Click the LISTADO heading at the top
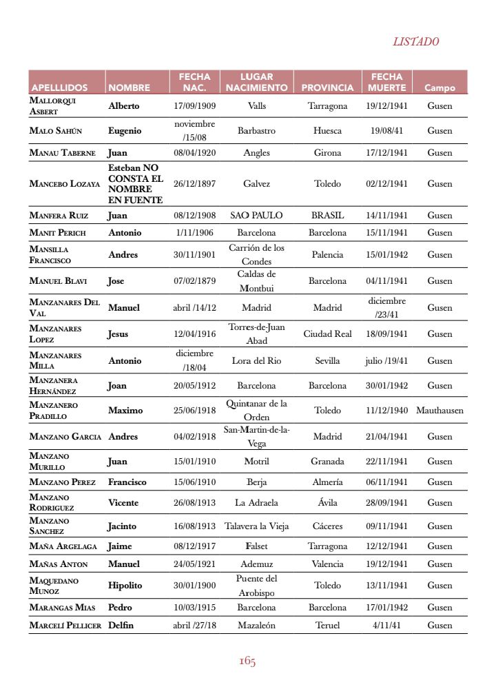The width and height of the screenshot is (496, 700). [415, 41]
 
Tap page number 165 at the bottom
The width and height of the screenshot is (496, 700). [247, 661]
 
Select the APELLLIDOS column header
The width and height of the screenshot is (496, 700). [59, 87]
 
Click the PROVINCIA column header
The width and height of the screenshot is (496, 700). [327, 87]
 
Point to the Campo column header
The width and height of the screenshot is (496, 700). [440, 87]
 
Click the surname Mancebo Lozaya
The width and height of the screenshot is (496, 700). [65, 184]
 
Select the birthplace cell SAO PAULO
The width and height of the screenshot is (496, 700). [256, 216]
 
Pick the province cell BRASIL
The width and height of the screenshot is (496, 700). [327, 216]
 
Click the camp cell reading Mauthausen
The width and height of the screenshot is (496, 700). [440, 411]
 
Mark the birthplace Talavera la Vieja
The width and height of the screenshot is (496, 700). [256, 526]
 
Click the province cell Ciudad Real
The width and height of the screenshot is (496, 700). [327, 334]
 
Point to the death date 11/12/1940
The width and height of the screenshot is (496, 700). [386, 411]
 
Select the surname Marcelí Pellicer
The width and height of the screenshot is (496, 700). [65, 626]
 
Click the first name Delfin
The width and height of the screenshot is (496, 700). [121, 626]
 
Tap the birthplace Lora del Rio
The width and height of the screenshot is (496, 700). [256, 361]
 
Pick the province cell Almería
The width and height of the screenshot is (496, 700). [327, 482]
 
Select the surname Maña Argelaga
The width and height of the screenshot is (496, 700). [63, 546]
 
